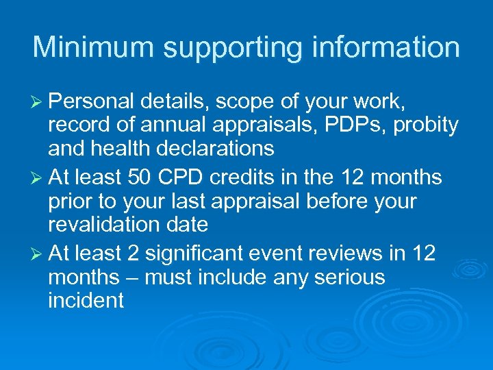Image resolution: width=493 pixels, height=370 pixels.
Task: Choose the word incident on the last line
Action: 86,299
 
